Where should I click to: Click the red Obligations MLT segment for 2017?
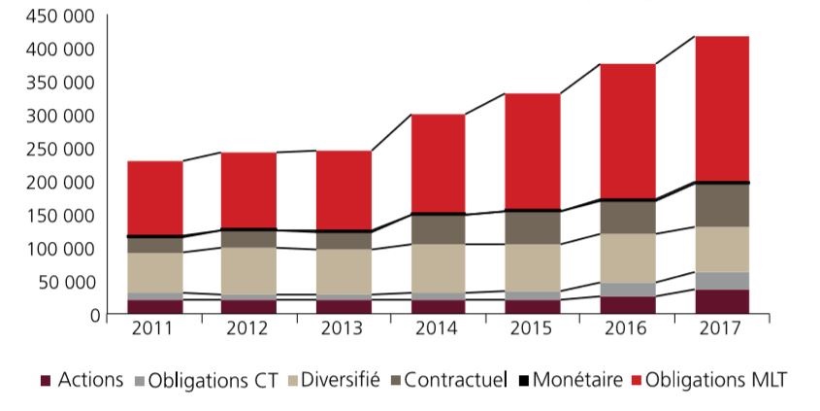721,108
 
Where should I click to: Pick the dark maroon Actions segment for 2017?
721,301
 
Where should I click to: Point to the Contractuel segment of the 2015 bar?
532,227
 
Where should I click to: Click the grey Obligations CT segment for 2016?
627,290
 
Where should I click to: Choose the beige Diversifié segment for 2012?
249,271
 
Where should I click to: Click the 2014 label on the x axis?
438,329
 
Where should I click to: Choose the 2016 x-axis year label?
627,329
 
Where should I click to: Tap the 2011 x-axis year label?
155,329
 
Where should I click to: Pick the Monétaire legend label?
579,380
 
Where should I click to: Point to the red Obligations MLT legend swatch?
635,381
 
